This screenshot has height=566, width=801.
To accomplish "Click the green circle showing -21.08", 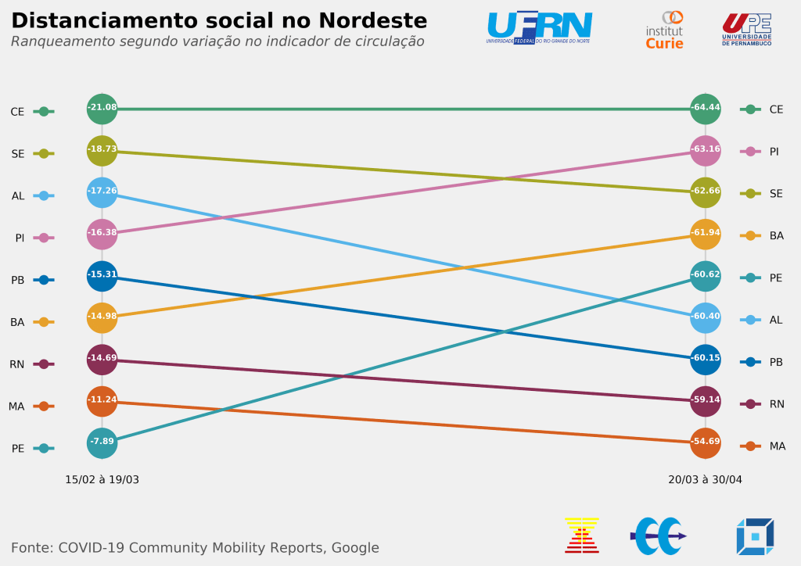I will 102,109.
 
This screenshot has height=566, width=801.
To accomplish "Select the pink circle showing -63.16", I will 706,150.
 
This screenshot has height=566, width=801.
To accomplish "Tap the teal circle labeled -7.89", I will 102,442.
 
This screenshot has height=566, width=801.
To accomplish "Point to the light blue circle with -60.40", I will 706,317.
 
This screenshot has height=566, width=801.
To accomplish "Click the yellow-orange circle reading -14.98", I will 102,317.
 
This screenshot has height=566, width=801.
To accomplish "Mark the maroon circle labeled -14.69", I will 102,360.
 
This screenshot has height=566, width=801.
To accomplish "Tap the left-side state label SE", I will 18,154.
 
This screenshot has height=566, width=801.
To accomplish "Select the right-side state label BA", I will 777,236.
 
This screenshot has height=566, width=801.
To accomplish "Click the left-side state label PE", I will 18,449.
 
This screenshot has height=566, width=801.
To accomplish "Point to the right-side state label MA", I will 777,446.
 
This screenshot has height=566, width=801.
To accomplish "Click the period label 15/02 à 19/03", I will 102,479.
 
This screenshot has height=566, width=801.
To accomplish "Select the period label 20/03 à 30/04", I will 705,479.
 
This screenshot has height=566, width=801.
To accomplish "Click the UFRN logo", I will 539,27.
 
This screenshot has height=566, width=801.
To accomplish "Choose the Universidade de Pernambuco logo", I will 746,29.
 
